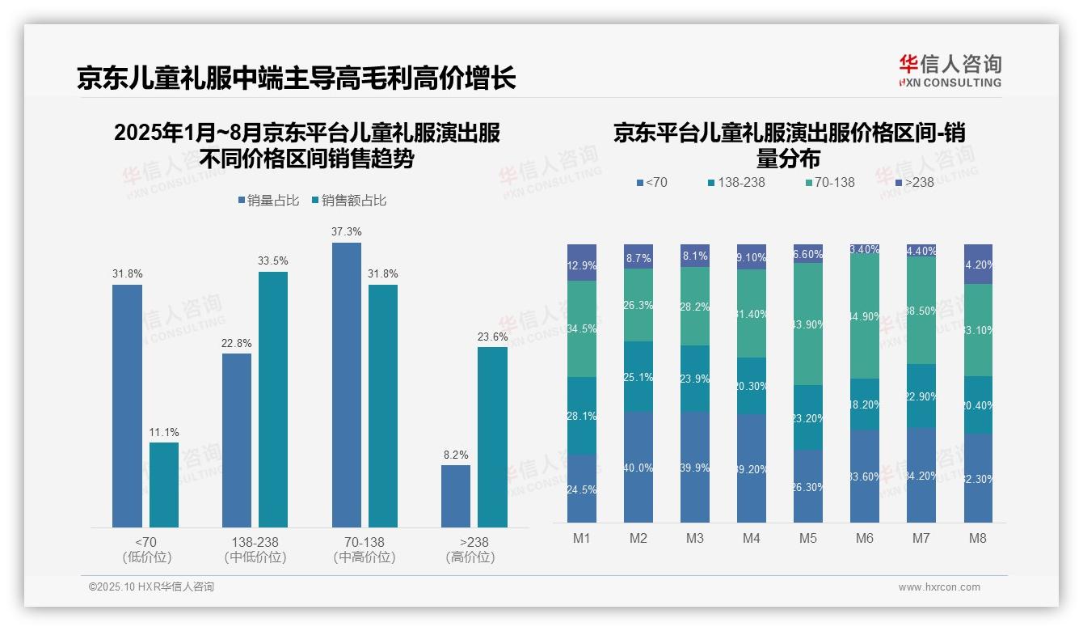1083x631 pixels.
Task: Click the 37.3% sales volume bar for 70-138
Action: pos(346,385)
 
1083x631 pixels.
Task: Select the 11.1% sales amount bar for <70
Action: pos(164,485)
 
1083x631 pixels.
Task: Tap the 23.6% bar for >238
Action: pos(492,437)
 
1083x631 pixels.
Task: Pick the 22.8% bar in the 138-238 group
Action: pos(237,440)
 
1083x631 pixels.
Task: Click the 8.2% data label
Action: pos(456,455)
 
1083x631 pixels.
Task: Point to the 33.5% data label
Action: pos(273,260)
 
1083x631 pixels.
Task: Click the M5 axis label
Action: pos(808,538)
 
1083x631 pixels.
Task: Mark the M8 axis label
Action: pos(978,538)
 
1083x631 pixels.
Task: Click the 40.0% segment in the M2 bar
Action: pos(638,467)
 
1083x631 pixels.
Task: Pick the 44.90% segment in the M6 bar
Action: pos(865,316)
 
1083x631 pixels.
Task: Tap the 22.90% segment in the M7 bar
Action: pos(921,396)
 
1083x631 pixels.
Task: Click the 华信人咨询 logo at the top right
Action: pos(950,70)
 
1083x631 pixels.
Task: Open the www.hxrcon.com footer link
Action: pos(939,587)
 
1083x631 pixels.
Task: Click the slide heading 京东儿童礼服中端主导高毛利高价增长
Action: pos(296,78)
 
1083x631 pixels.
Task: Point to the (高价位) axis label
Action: pos(470,557)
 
